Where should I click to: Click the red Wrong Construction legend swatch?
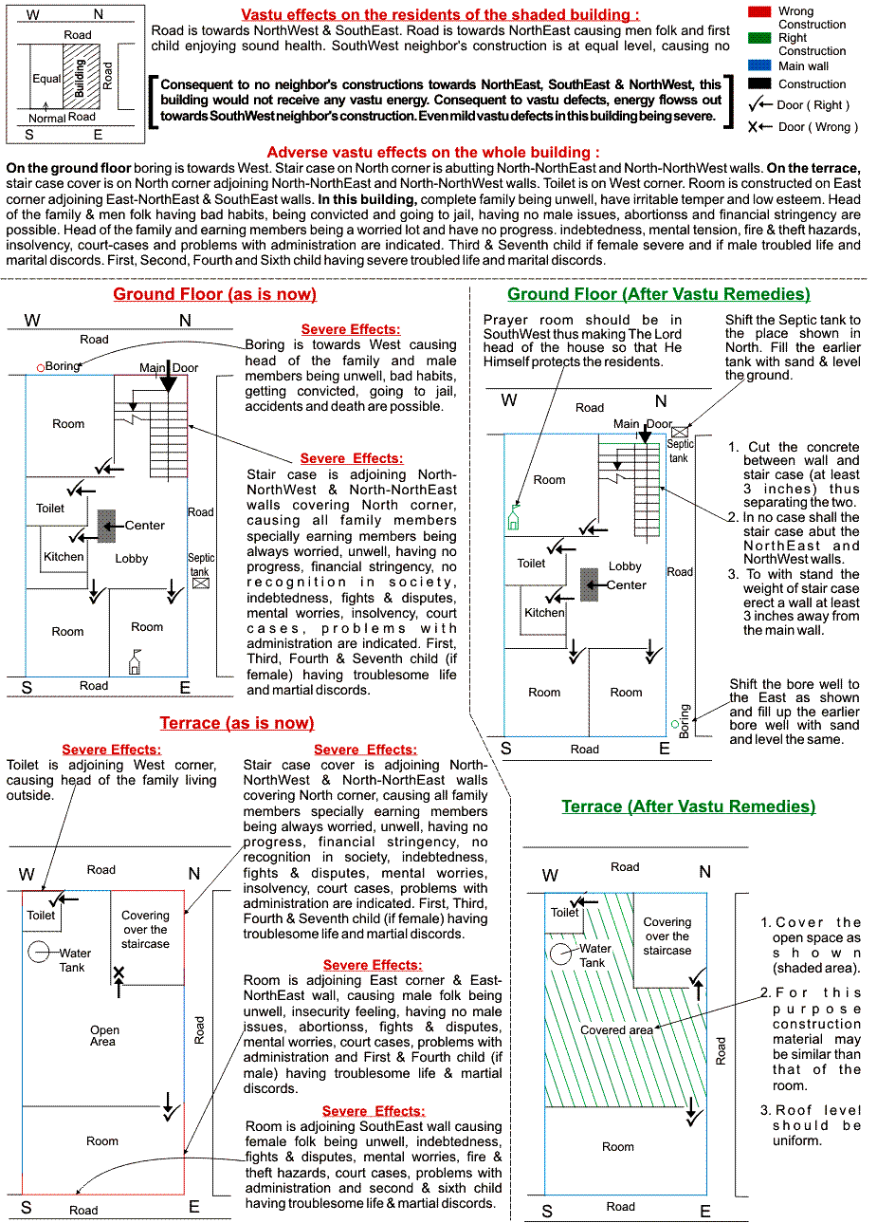click(x=758, y=11)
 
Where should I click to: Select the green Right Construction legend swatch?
click(x=758, y=38)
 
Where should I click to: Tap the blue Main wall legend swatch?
click(x=758, y=65)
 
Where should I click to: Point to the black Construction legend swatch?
click(x=758, y=83)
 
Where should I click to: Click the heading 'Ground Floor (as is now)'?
click(x=214, y=294)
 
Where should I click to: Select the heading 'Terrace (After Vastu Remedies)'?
click(x=688, y=806)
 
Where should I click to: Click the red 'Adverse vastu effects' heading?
click(x=433, y=153)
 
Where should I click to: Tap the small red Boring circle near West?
click(x=41, y=367)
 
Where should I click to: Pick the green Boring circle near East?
click(x=675, y=724)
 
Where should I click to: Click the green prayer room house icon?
click(x=513, y=518)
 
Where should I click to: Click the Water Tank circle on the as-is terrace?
click(x=40, y=952)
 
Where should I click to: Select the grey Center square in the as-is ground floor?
click(x=106, y=526)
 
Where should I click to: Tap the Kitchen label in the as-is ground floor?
click(x=64, y=557)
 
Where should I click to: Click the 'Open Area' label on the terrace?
click(x=104, y=1035)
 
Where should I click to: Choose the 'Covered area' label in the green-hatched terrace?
click(x=616, y=1030)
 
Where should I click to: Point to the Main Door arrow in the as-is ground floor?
click(x=169, y=379)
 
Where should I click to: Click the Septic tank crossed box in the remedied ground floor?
click(x=680, y=432)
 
